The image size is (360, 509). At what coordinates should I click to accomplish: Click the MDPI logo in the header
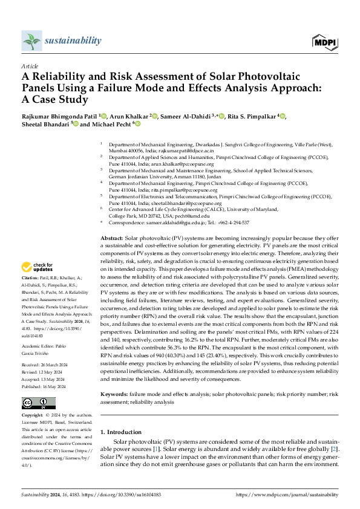tap(324, 41)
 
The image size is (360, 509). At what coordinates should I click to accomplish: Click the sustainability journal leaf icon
tap(30, 41)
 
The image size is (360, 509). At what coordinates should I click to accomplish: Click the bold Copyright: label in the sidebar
tap(33, 417)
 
